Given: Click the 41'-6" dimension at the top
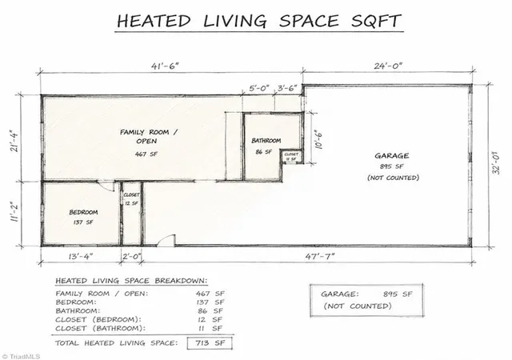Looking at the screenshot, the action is (x=166, y=66).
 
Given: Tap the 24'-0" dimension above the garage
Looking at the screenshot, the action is (x=388, y=66).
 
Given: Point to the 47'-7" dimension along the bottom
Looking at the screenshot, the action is (x=320, y=256).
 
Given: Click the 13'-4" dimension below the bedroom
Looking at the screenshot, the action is (x=81, y=256).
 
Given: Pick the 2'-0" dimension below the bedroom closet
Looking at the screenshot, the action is (x=131, y=256).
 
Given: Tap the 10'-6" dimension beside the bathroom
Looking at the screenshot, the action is (x=318, y=140).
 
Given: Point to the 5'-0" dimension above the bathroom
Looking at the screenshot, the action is (x=259, y=88).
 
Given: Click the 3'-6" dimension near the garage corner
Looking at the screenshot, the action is (x=287, y=88).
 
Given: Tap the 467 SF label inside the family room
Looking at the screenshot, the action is (x=146, y=154).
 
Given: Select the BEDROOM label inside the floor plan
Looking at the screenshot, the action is (x=83, y=212).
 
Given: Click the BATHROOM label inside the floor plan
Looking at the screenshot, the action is (x=266, y=141).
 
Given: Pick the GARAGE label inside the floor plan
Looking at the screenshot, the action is (x=391, y=156).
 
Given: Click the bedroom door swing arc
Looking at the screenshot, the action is (x=106, y=187).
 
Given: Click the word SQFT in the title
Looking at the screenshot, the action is (x=376, y=21).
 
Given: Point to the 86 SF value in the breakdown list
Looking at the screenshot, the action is (x=210, y=310).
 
